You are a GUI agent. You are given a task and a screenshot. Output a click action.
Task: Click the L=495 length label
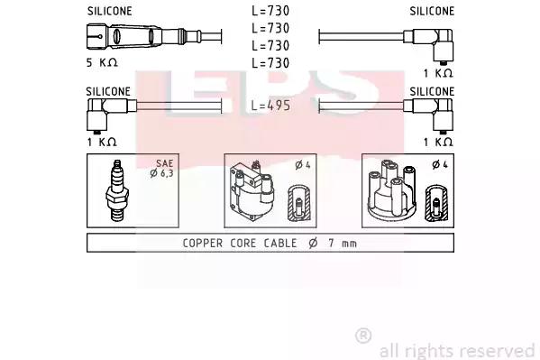pyautogui.click(x=270, y=106)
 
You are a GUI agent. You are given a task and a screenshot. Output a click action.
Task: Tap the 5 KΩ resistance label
pyautogui.click(x=102, y=62)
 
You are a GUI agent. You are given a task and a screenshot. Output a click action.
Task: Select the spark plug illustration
pyautogui.click(x=117, y=190)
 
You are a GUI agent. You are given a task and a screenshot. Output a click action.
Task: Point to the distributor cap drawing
pyautogui.click(x=392, y=189)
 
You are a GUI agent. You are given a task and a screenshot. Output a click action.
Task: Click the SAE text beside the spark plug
pyautogui.click(x=165, y=163)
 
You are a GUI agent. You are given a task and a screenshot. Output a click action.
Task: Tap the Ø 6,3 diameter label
pyautogui.click(x=161, y=173)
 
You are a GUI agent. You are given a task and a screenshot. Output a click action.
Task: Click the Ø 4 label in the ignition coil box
pyautogui.click(x=303, y=165)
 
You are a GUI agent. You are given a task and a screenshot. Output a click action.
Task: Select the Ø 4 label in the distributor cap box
pyautogui.click(x=440, y=165)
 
